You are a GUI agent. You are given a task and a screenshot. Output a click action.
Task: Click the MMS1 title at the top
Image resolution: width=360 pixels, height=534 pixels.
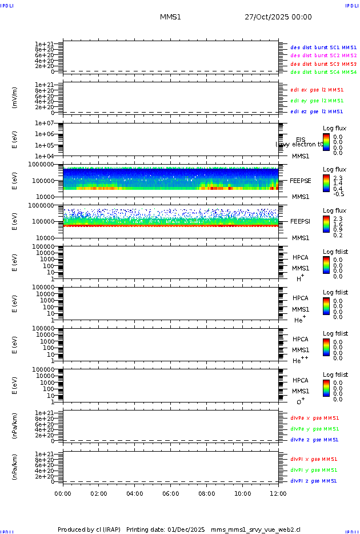[x=170, y=17]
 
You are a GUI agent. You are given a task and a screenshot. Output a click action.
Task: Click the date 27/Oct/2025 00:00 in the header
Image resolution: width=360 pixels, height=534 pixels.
[x=278, y=17]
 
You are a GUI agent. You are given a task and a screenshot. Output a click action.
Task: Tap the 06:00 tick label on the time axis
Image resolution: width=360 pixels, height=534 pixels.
[x=171, y=493]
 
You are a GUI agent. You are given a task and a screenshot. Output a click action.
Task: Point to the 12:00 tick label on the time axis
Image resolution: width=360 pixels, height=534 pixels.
[x=278, y=493]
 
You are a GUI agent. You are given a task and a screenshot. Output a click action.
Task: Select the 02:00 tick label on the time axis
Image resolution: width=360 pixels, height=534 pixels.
[x=99, y=493]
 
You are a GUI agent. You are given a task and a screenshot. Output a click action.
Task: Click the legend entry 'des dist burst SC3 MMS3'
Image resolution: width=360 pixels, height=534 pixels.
[x=323, y=64]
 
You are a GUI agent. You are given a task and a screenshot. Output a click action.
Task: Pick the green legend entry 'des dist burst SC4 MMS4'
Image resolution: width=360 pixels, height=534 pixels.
[x=323, y=73]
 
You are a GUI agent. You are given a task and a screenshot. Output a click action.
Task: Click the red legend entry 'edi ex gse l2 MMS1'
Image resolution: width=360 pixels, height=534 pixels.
[x=317, y=90]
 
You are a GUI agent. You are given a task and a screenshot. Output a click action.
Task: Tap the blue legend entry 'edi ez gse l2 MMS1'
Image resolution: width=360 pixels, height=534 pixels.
[x=317, y=111]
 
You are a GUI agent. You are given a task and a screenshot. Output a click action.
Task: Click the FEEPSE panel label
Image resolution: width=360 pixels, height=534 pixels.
[x=301, y=180]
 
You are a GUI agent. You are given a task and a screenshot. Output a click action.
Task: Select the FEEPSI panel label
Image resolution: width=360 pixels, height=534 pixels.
[x=301, y=221]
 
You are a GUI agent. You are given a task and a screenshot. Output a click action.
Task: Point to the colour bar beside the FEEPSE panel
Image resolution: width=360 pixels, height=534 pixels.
[x=326, y=182]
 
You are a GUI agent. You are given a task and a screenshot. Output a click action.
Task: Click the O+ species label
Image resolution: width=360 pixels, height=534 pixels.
[x=300, y=402]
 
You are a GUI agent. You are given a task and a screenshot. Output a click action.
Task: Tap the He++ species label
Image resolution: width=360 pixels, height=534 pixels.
[x=300, y=361]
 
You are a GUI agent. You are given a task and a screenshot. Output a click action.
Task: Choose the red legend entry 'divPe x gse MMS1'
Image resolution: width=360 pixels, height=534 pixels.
[x=314, y=418]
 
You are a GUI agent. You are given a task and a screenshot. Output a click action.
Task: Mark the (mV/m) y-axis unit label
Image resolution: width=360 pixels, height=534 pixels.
[x=15, y=98]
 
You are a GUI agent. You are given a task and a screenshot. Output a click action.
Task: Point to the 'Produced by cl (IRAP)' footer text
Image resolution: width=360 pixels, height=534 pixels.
[x=89, y=529]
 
